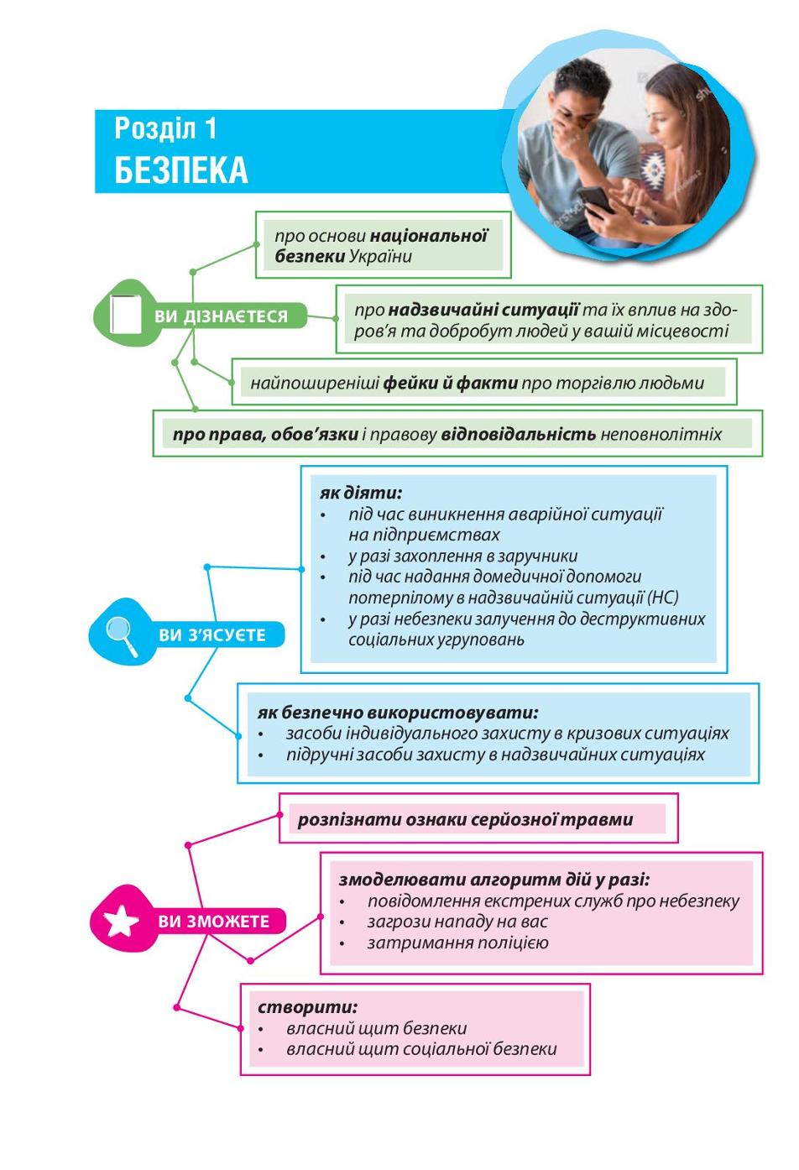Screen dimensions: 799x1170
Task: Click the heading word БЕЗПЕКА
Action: pyautogui.click(x=180, y=170)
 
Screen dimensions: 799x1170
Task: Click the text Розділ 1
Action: pyautogui.click(x=165, y=128)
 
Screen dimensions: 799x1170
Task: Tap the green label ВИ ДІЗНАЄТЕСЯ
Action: pyautogui.click(x=221, y=316)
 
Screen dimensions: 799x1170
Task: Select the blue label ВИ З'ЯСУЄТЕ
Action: pyautogui.click(x=212, y=635)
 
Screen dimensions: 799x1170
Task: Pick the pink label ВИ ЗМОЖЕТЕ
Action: pyautogui.click(x=213, y=921)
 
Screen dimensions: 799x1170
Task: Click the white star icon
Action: pyautogui.click(x=121, y=921)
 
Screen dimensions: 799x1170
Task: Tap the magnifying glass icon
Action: pyautogui.click(x=122, y=635)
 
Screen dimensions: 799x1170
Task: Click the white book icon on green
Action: pyautogui.click(x=126, y=315)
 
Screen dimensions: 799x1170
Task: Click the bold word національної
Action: pyautogui.click(x=428, y=236)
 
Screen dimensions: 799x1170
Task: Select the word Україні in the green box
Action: pyautogui.click(x=380, y=257)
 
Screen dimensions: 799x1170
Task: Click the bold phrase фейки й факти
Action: pyautogui.click(x=450, y=384)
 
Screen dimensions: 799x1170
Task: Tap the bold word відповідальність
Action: pyautogui.click(x=518, y=435)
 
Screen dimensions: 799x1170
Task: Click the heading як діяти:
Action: pyautogui.click(x=361, y=493)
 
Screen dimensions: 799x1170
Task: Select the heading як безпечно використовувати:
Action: pyautogui.click(x=398, y=713)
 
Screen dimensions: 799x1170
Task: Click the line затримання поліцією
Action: pyautogui.click(x=458, y=943)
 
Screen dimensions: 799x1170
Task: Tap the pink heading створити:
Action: pyautogui.click(x=307, y=1007)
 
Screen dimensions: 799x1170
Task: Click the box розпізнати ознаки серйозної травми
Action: pyautogui.click(x=478, y=818)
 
